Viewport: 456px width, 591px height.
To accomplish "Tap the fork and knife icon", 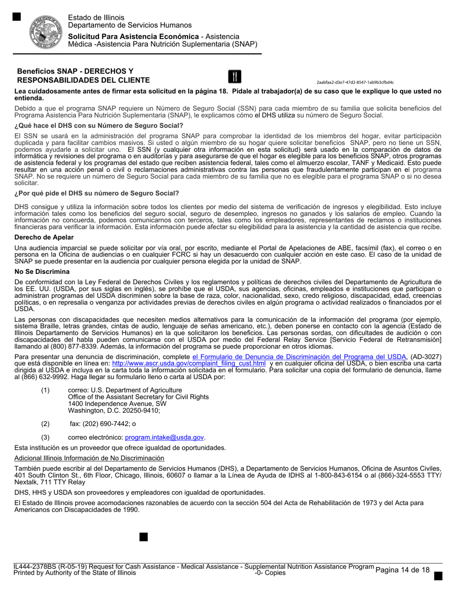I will point(234,76).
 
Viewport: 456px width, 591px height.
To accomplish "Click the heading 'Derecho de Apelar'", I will point(44,237).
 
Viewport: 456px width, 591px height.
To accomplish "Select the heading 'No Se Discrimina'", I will point(42,271).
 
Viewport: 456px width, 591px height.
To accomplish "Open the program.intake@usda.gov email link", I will point(165,437).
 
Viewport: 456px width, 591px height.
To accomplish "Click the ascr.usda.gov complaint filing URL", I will point(189,364).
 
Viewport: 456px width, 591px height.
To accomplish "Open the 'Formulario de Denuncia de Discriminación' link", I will point(299,357).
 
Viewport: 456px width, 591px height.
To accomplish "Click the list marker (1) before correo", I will point(45,390).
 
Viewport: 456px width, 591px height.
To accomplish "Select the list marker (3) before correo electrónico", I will point(45,437).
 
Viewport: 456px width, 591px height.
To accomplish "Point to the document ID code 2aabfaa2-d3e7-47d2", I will point(355,82).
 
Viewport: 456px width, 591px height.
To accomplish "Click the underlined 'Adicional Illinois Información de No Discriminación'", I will point(89,458).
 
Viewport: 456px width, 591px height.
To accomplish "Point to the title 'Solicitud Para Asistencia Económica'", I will point(133,37).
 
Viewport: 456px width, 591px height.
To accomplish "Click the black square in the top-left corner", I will point(16,17).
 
